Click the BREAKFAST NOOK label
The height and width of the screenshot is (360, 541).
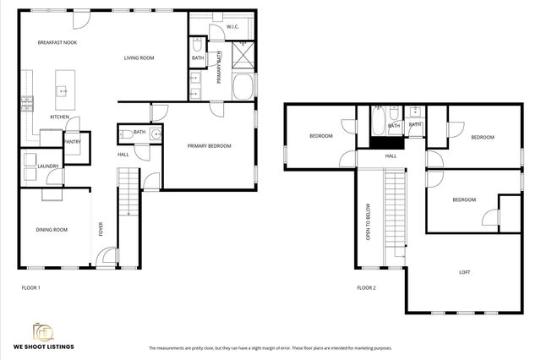[x=57, y=41]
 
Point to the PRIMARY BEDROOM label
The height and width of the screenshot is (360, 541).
[x=209, y=145]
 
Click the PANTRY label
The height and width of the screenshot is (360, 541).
[x=72, y=142]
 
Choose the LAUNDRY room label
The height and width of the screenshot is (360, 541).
[x=47, y=166]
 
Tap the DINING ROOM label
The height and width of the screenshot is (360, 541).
[x=51, y=230]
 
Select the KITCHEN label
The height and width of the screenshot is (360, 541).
[x=58, y=117]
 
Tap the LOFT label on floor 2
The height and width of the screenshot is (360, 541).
[x=464, y=272]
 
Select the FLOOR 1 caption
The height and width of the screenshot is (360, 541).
[x=30, y=288]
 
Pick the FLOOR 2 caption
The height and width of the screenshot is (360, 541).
[x=366, y=288]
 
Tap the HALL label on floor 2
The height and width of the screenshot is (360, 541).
[x=391, y=156]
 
